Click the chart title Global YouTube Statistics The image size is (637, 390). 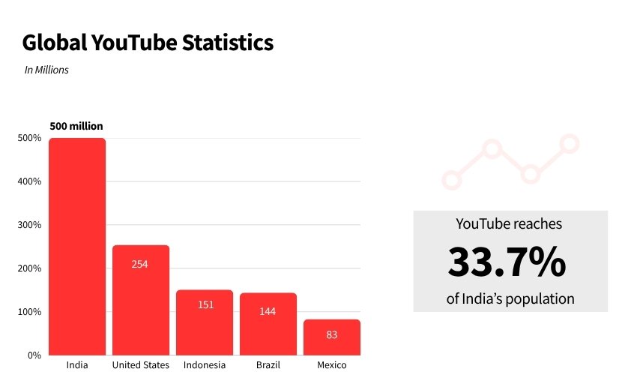point(148,43)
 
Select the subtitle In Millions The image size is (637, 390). point(46,70)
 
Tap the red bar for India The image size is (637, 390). point(77,247)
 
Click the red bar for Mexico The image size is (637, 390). point(332,337)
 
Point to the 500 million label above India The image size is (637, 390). point(76,126)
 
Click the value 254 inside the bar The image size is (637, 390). point(140,264)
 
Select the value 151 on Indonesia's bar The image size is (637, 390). point(205,305)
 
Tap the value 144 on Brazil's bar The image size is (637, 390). point(268,310)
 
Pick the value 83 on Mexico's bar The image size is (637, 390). point(332,334)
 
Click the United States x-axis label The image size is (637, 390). point(141,365)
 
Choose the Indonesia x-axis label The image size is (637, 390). point(205,365)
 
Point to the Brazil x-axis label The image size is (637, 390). point(268,365)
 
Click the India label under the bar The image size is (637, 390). point(77,365)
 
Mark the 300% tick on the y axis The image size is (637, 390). point(30,225)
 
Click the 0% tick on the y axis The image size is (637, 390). point(34,355)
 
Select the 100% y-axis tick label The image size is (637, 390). point(30,312)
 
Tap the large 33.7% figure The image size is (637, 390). point(507,262)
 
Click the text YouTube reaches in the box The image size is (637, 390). point(509,223)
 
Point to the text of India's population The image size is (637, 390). point(510,298)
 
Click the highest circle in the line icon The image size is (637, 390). point(570,142)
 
